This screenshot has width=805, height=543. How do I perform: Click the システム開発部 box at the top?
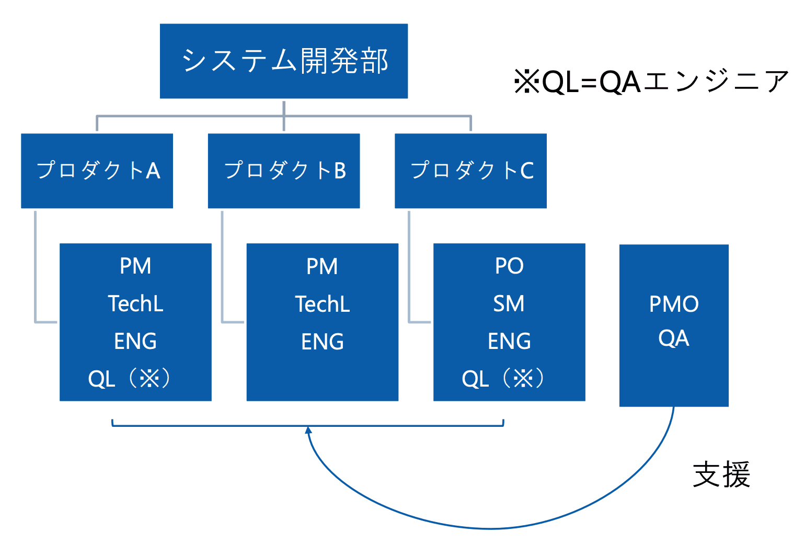pyautogui.click(x=283, y=61)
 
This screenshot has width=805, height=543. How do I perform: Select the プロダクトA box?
pyautogui.click(x=97, y=171)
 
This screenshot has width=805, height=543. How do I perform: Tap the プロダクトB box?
pyautogui.click(x=284, y=171)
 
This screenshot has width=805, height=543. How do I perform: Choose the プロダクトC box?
pyautogui.click(x=470, y=171)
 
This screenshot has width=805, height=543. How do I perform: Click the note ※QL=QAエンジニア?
pyautogui.click(x=651, y=82)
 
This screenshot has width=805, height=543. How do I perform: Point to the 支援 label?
pyautogui.click(x=721, y=474)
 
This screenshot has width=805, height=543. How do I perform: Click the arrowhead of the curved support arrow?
pyautogui.click(x=308, y=430)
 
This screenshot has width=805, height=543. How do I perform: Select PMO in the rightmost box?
pyautogui.click(x=674, y=304)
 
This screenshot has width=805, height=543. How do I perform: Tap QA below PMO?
pyautogui.click(x=674, y=338)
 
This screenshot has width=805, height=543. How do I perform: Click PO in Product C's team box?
pyautogui.click(x=509, y=266)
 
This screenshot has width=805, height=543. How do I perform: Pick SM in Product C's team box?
pyautogui.click(x=509, y=304)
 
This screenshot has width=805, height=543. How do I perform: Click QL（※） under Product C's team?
pyautogui.click(x=503, y=378)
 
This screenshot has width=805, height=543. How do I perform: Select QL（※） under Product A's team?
pyautogui.click(x=129, y=378)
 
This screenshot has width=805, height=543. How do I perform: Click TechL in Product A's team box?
pyautogui.click(x=135, y=304)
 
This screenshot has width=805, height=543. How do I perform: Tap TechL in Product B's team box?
pyautogui.click(x=322, y=304)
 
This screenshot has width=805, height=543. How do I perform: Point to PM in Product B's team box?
pyautogui.click(x=322, y=267)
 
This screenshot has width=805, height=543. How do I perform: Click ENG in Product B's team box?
pyautogui.click(x=322, y=342)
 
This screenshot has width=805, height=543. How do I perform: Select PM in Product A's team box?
pyautogui.click(x=135, y=266)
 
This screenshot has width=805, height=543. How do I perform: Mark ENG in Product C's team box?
pyautogui.click(x=509, y=342)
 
